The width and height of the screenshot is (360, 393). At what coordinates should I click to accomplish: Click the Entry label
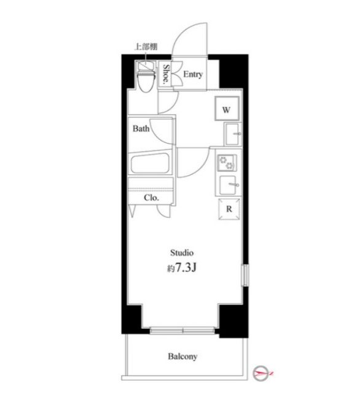tap(193, 75)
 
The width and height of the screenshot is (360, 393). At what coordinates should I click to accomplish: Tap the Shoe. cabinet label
tap(166, 76)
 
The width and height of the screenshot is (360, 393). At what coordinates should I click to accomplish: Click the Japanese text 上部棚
tap(145, 47)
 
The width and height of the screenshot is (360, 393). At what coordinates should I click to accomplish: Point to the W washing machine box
tap(226, 110)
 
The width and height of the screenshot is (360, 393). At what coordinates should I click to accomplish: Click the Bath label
tap(141, 129)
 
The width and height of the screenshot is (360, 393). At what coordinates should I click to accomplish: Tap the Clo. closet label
tap(151, 198)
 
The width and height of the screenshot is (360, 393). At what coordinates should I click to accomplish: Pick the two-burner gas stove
tap(226, 163)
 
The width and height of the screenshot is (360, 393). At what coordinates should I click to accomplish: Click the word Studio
tap(182, 252)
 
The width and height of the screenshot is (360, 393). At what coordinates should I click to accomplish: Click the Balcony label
tap(183, 356)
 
